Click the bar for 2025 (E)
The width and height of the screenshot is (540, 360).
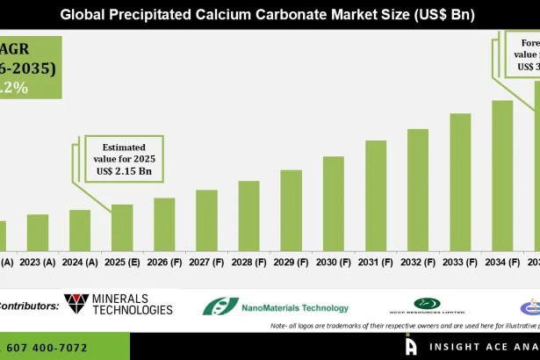coord(122,227)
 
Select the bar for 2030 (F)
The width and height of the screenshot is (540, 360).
coord(333,204)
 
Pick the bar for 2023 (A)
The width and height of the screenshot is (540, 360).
coord(38,233)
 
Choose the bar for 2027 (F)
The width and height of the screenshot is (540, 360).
coord(206,220)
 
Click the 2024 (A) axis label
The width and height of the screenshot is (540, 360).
coord(80,262)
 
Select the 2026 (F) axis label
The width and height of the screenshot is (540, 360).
coord(164,262)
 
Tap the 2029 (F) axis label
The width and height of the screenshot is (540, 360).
coord(291,262)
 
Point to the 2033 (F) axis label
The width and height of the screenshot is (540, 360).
coord(459,262)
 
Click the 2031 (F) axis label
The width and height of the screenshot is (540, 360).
coord(375,262)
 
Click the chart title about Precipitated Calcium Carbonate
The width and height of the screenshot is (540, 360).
coord(270,14)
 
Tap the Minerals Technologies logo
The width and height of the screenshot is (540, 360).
coord(119,306)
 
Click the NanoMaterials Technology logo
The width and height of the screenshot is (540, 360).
coord(276,306)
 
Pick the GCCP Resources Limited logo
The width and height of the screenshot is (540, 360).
coord(428,306)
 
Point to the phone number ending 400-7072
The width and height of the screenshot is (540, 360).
coord(48,348)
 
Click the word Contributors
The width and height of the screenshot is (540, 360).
coord(28,306)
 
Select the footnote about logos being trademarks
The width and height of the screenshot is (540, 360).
coord(404,326)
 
